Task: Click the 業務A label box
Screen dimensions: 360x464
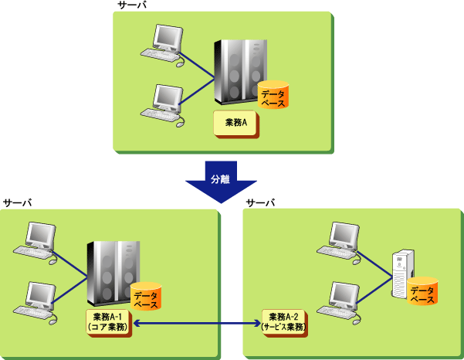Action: click(235, 124)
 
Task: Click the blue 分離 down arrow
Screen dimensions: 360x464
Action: click(221, 182)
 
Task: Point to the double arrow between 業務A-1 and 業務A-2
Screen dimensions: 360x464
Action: click(198, 328)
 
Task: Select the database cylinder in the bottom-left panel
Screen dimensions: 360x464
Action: click(144, 297)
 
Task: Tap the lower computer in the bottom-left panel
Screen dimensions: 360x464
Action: click(36, 299)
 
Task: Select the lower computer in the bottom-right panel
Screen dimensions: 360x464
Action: click(340, 299)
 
